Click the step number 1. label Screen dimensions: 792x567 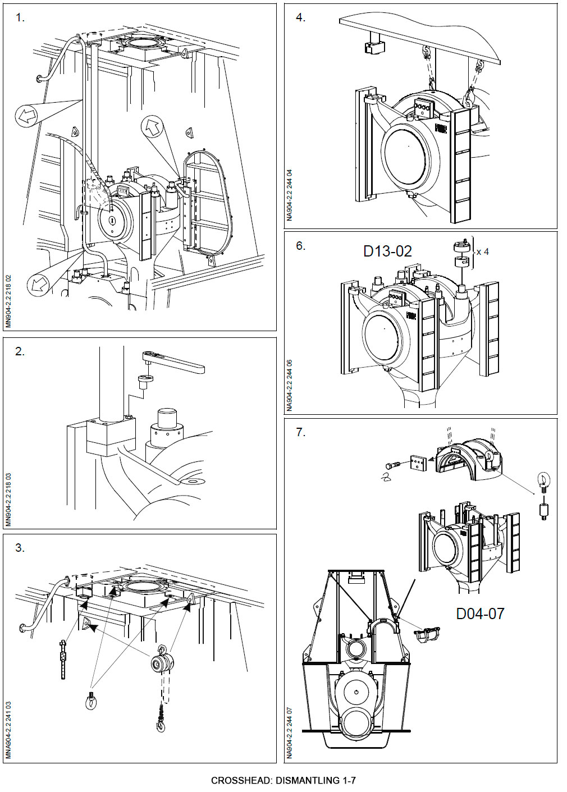click(x=20, y=18)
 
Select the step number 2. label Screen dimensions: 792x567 click(x=20, y=352)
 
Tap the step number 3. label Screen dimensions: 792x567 click(x=20, y=548)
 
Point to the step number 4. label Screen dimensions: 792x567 click(x=301, y=18)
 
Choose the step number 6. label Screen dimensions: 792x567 click(x=301, y=246)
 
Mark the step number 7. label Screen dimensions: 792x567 click(x=301, y=432)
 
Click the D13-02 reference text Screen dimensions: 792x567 click(x=387, y=251)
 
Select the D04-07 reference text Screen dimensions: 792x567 click(x=480, y=614)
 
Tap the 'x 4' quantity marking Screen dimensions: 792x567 click(x=482, y=252)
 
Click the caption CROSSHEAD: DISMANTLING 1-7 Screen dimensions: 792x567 click(x=283, y=780)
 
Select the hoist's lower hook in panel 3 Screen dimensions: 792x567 click(x=162, y=727)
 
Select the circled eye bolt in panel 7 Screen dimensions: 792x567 click(x=543, y=480)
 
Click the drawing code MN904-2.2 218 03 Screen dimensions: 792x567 click(x=8, y=500)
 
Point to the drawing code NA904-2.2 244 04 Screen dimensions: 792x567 click(x=289, y=195)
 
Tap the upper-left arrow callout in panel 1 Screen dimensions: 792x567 click(x=27, y=116)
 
